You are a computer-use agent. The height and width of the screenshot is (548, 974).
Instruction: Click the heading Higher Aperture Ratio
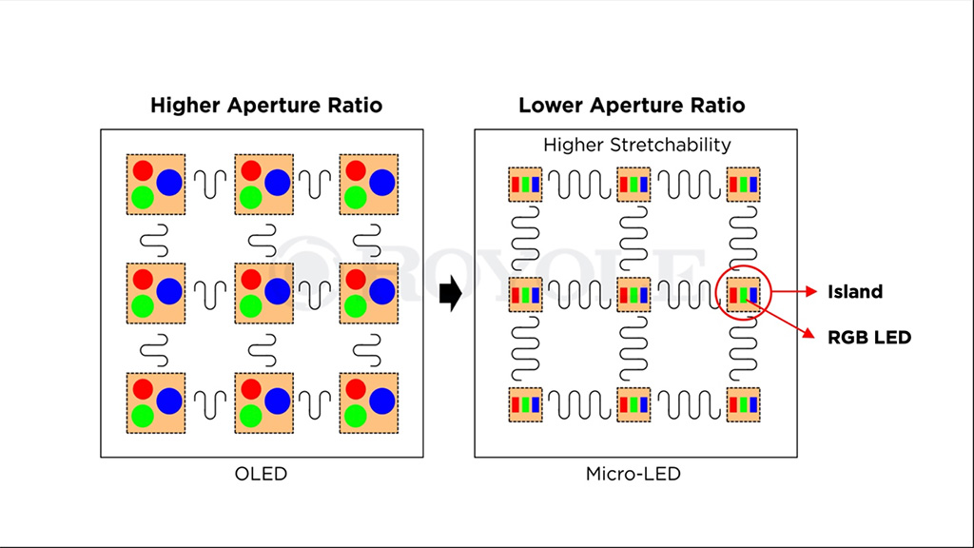click(x=266, y=105)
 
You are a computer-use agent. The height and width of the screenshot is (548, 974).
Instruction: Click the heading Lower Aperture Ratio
click(x=632, y=105)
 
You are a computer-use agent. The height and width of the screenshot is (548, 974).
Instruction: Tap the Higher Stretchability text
click(x=636, y=145)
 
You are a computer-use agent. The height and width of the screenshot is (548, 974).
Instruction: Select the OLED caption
click(x=261, y=474)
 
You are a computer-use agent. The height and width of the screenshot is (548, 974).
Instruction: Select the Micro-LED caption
click(x=633, y=474)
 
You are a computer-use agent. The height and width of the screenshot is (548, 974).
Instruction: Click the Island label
click(x=855, y=291)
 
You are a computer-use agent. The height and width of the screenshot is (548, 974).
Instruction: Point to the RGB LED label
click(x=869, y=338)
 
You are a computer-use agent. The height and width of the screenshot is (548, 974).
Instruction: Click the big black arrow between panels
click(x=451, y=293)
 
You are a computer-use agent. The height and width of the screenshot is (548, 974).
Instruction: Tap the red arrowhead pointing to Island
click(x=810, y=291)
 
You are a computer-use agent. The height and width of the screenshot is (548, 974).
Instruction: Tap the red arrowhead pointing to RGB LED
click(x=808, y=334)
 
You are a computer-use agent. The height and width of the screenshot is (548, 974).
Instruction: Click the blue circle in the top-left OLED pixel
click(x=169, y=182)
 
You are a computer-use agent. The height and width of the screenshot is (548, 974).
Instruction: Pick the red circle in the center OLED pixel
click(x=251, y=280)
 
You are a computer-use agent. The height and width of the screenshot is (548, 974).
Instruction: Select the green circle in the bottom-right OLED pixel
click(x=356, y=416)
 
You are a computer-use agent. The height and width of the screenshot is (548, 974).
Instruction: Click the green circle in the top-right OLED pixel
click(x=356, y=198)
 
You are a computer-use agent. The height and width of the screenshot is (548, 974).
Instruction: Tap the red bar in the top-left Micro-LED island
click(x=516, y=185)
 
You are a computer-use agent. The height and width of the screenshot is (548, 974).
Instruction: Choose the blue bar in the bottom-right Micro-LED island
click(x=753, y=404)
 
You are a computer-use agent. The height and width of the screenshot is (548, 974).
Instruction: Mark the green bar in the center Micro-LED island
click(x=633, y=295)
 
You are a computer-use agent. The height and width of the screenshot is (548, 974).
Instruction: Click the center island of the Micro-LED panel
click(x=633, y=295)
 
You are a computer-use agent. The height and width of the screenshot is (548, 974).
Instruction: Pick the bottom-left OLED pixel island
click(x=156, y=403)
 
